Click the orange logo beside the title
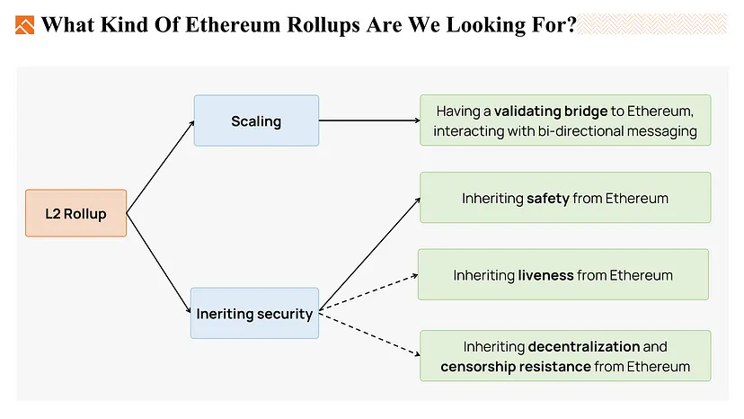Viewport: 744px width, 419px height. tap(24, 25)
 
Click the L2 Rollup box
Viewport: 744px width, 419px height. tap(75, 213)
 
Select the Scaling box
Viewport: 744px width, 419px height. tap(256, 120)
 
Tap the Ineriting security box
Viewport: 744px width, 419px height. tap(255, 313)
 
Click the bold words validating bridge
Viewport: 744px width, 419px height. tap(551, 111)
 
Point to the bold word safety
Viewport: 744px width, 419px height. tap(548, 198)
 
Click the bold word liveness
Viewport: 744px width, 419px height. tap(545, 275)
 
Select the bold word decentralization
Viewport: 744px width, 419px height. tap(584, 347)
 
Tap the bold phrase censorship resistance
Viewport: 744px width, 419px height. tap(516, 367)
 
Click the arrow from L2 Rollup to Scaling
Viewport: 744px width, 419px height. tap(160, 166)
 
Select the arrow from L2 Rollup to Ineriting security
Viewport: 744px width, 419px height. tap(159, 263)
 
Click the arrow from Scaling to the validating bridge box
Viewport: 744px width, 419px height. tap(369, 120)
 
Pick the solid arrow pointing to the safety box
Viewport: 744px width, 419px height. tap(369, 254)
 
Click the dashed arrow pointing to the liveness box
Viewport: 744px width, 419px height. tap(368, 293)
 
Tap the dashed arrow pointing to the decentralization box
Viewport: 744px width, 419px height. tap(369, 334)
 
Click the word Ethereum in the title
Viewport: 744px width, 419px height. tap(233, 24)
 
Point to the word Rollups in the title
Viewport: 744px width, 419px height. tap(323, 26)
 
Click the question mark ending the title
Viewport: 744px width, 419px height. tap(571, 24)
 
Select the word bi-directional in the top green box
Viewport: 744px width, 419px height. tap(580, 131)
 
